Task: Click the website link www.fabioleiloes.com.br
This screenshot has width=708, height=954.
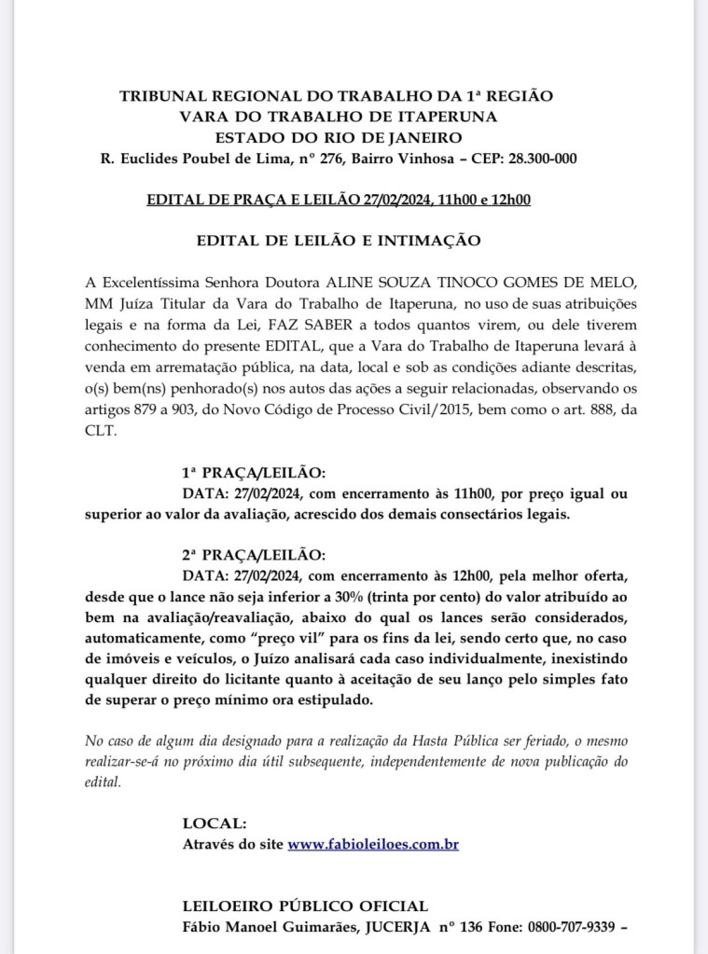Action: pos(373,845)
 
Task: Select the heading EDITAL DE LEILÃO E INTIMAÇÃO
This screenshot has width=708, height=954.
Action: pos(339,240)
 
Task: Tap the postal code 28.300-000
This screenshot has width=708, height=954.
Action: pos(542,158)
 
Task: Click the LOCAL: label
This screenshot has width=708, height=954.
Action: pos(215,824)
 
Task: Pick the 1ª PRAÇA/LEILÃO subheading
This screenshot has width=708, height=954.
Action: pos(253,473)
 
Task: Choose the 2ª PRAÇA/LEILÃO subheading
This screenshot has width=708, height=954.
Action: pos(254,554)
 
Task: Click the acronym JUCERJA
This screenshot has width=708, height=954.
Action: pos(399,928)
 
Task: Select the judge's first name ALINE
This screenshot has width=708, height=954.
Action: pos(348,281)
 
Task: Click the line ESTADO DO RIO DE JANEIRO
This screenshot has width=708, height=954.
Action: pos(338,137)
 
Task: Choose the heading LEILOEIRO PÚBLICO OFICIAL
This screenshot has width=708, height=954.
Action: pos(305,906)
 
